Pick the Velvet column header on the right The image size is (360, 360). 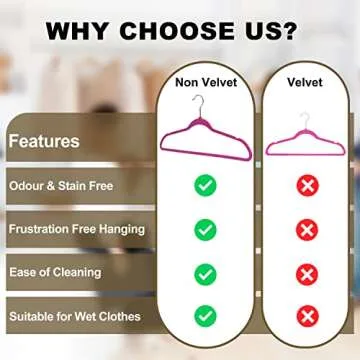pos(305,84)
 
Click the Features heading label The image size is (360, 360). pos(44,141)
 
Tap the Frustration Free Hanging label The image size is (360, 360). pos(77,229)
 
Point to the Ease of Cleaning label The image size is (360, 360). pos(55,272)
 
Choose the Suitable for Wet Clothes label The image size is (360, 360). pos(75,316)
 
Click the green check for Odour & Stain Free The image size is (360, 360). pos(205,185)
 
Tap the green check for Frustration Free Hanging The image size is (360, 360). pos(205,229)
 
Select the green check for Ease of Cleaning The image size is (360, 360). pos(205,273)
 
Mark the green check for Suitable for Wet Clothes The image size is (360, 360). pos(205,316)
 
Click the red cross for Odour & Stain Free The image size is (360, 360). pos(306,185)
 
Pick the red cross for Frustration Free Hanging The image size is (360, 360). pos(306,229)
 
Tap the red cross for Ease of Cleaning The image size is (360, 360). pos(306,273)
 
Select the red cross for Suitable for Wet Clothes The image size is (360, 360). pos(306,316)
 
